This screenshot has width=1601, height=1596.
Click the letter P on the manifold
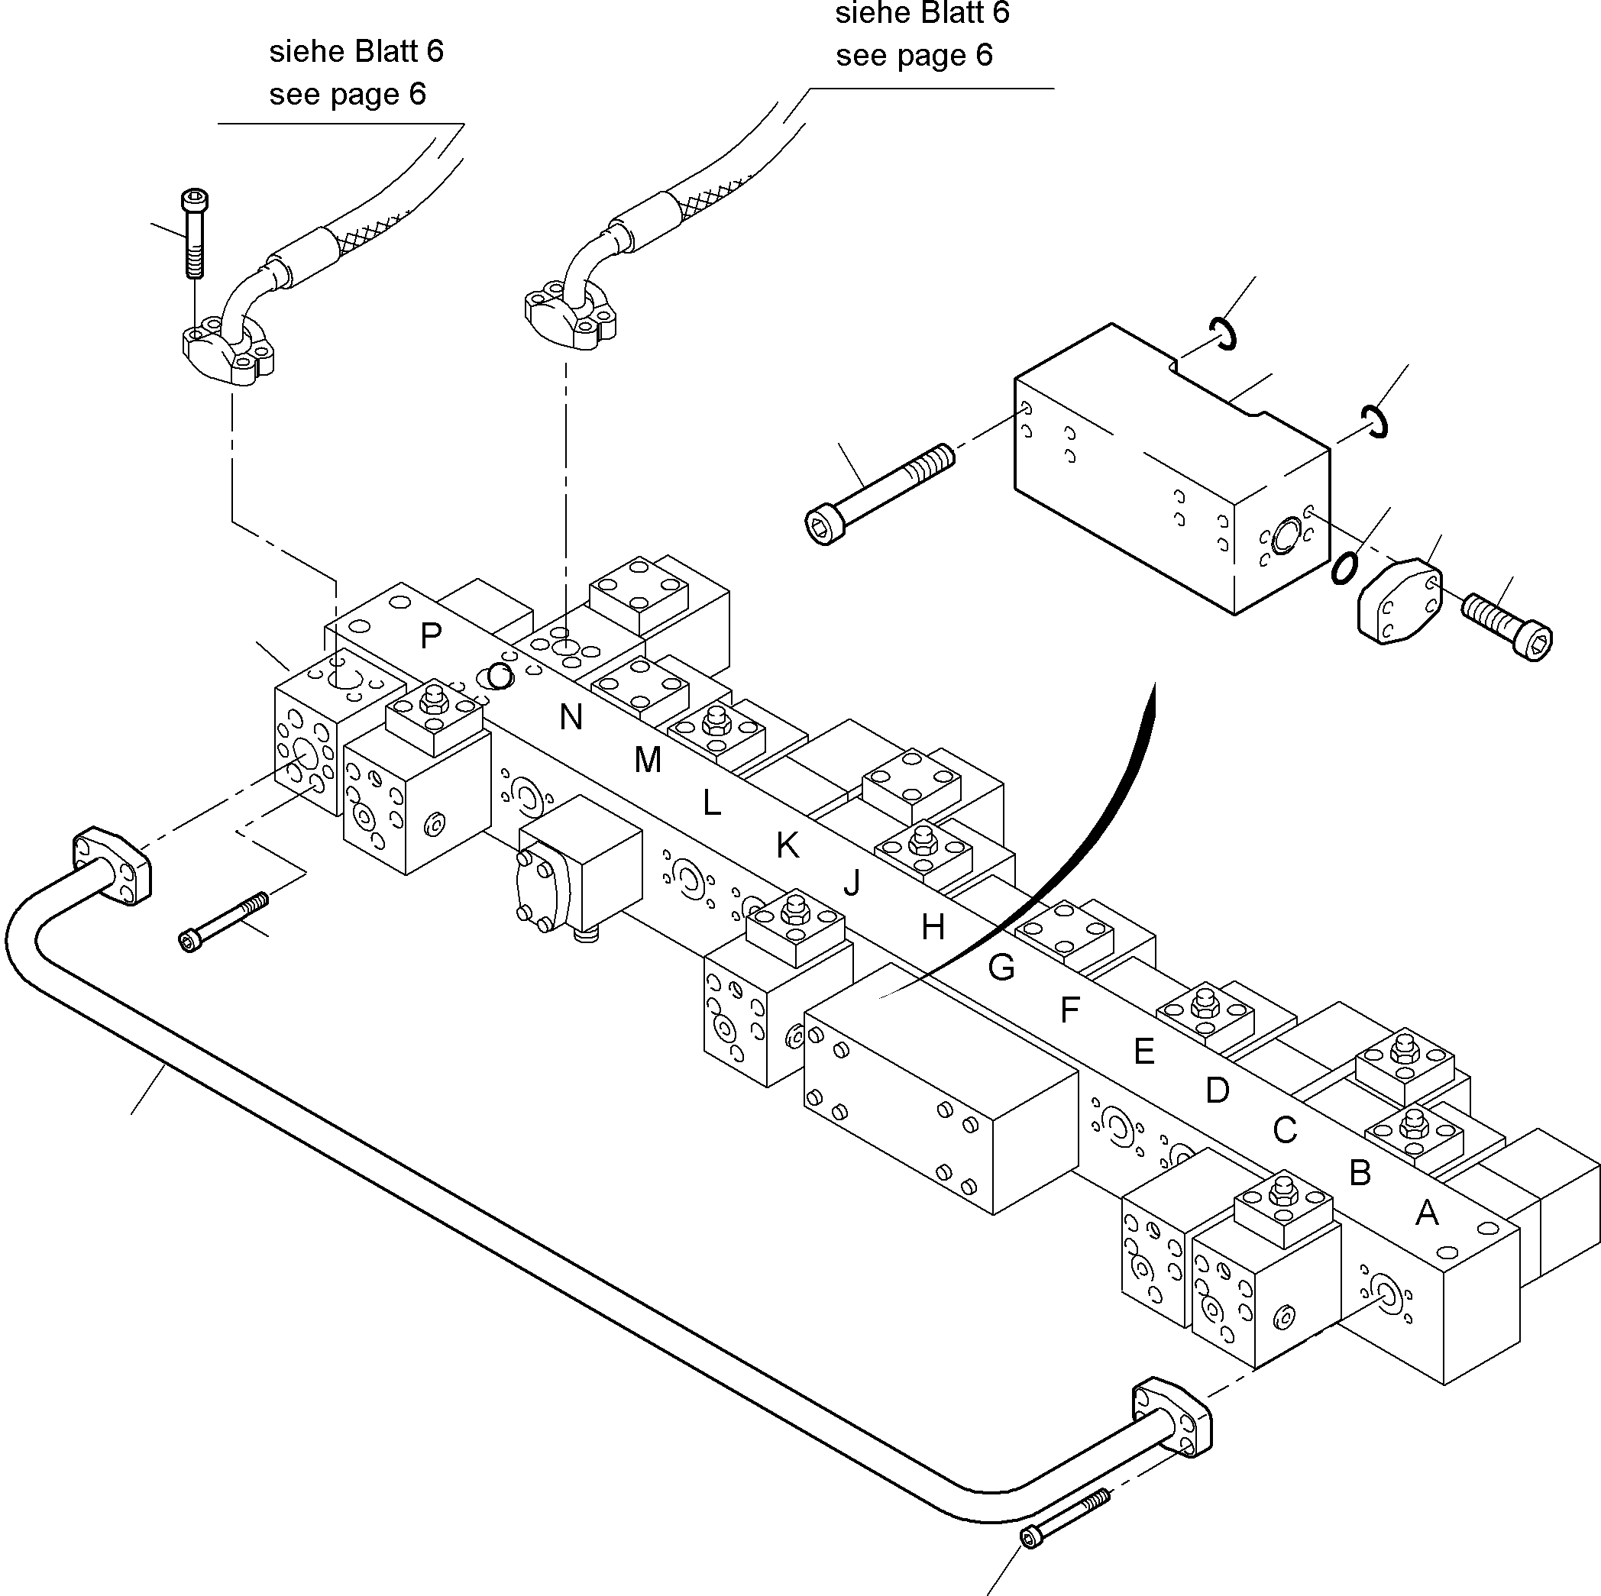pyautogui.click(x=430, y=635)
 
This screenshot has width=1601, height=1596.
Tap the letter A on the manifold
pyautogui.click(x=1426, y=1213)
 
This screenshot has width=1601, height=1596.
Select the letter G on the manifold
pyautogui.click(x=1001, y=967)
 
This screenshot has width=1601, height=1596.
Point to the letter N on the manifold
pyautogui.click(x=570, y=717)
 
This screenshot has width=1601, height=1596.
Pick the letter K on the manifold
pyautogui.click(x=788, y=845)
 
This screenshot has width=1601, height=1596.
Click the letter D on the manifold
pyautogui.click(x=1217, y=1090)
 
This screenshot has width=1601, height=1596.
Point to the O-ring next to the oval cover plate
pyautogui.click(x=1344, y=567)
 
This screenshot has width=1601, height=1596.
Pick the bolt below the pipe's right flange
pyautogui.click(x=1067, y=1517)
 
